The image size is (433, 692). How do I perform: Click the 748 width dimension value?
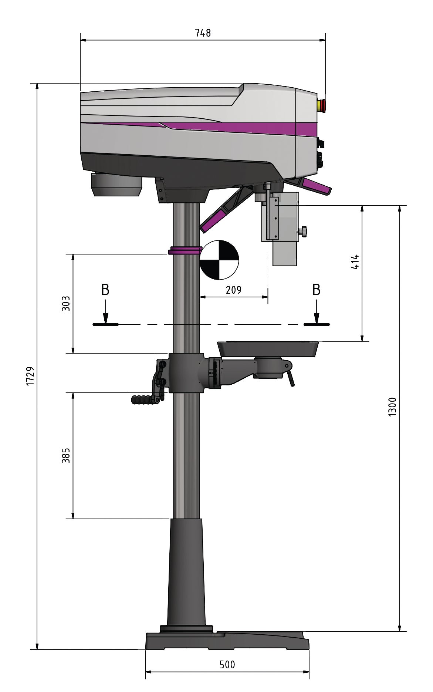(203, 33)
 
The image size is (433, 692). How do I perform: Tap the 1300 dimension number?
(393, 407)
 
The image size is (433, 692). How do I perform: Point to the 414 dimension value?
(355, 261)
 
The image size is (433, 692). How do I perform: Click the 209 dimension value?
(234, 290)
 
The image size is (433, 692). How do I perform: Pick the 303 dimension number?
(66, 303)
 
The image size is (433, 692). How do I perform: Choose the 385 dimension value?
(66, 456)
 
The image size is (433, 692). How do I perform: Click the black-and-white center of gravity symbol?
(219, 260)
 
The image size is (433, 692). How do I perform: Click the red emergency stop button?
(322, 105)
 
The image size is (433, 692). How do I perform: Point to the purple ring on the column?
(185, 251)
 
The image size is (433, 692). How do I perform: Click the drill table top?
(268, 348)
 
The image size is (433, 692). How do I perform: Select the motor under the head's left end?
(116, 185)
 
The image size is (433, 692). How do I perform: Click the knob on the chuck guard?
(304, 231)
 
